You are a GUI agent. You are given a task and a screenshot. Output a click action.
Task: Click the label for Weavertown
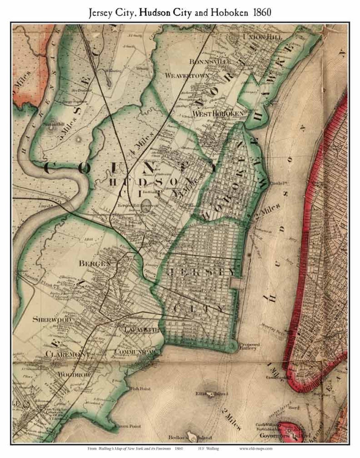tap(187, 76)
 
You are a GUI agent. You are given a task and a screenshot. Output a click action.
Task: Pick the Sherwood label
tap(52, 320)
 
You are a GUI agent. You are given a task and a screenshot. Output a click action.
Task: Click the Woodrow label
tap(74, 375)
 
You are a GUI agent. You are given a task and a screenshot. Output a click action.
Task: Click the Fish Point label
tap(140, 389)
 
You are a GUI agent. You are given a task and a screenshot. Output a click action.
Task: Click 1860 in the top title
tap(262, 12)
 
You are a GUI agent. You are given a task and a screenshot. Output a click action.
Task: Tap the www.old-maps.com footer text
tap(256, 448)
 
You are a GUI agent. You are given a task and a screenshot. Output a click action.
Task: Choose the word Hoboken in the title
tap(229, 12)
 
